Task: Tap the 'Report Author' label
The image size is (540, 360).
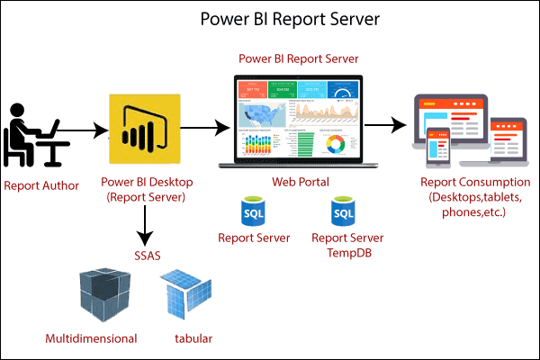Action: [x=41, y=186]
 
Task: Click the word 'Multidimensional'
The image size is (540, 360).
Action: [x=91, y=339]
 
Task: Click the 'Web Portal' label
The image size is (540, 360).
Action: [x=299, y=182]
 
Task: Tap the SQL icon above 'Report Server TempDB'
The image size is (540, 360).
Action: [x=343, y=212]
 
